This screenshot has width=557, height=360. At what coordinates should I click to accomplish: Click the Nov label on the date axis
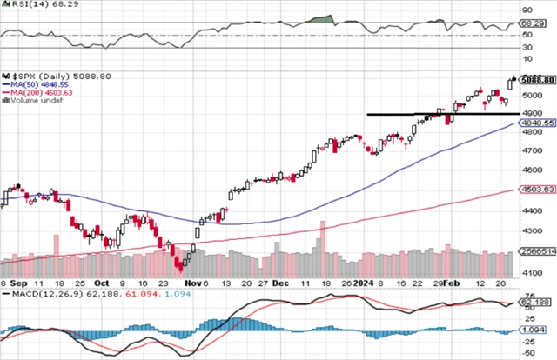point(193,283)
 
